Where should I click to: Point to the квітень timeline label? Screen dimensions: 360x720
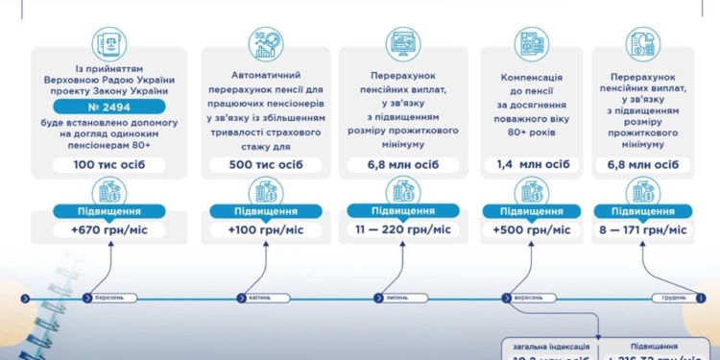pos(259,298)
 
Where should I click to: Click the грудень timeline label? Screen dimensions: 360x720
pos(673,298)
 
